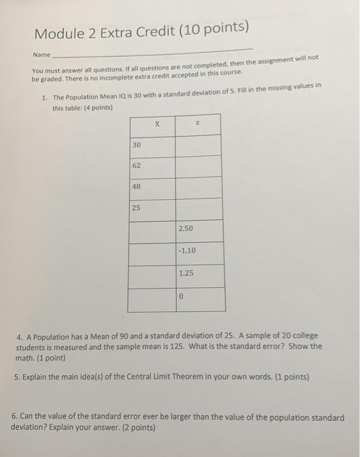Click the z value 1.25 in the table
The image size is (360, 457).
coord(187,273)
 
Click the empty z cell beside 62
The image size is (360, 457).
coord(199,166)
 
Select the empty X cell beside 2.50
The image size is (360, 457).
coord(152,230)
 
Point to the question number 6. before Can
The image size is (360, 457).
coord(16,417)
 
